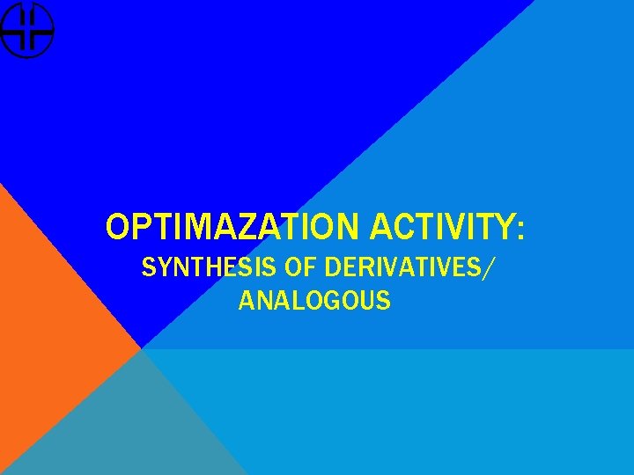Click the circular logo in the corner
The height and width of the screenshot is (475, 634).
[26, 30]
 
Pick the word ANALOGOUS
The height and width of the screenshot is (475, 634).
[314, 301]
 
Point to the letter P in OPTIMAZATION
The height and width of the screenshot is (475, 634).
[137, 227]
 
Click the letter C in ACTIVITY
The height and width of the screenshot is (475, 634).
[401, 227]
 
